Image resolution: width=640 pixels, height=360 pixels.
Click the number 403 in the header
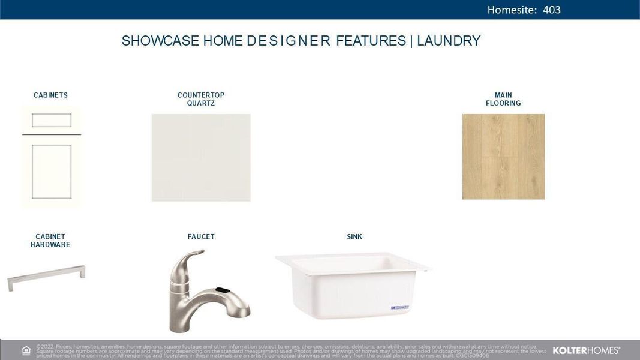pos(552,10)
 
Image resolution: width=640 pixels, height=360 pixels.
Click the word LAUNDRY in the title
pos(449,41)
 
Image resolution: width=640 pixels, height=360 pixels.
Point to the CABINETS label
pos(50,95)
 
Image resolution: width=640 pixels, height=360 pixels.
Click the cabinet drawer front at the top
pos(52,121)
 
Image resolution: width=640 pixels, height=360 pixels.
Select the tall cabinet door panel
pos(52,170)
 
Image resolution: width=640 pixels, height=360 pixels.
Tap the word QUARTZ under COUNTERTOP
pos(201,103)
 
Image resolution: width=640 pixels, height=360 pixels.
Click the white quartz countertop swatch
pos(201,157)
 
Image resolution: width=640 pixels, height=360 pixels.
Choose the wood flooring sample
pos(503,157)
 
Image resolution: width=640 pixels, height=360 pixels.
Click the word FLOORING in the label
pos(503,103)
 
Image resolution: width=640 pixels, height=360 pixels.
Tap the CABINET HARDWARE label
pos(50,241)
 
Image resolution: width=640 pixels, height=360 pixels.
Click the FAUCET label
pos(201,236)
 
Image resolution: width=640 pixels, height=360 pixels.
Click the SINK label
pos(354,236)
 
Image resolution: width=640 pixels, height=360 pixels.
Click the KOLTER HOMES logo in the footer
pos(586,350)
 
